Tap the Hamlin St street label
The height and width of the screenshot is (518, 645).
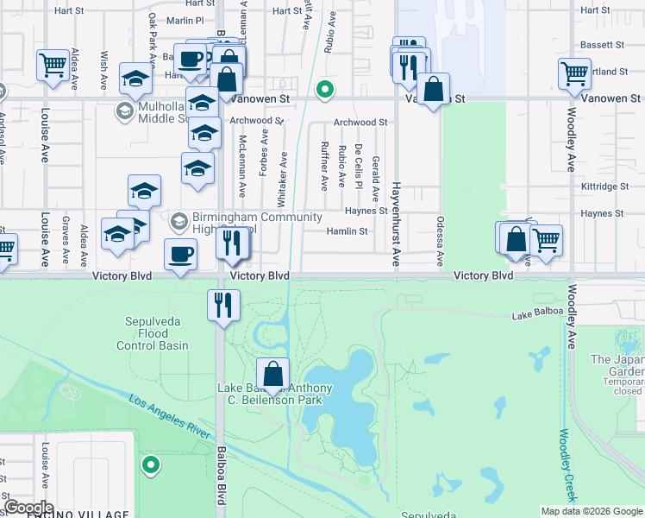click(x=347, y=231)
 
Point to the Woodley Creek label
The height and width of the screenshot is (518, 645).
click(x=567, y=465)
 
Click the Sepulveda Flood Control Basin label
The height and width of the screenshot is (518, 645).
click(x=153, y=333)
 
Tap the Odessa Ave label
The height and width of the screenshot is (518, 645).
click(x=439, y=241)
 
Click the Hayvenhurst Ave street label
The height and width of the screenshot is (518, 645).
click(x=396, y=223)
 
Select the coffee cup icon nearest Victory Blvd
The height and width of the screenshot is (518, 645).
click(x=180, y=255)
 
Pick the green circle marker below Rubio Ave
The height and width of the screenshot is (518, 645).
click(x=324, y=88)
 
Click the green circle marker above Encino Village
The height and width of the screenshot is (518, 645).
click(x=152, y=466)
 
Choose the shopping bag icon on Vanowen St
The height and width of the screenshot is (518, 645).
click(x=433, y=88)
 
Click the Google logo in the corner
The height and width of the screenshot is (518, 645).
click(x=28, y=508)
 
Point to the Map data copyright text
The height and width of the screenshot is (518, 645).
click(x=591, y=511)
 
